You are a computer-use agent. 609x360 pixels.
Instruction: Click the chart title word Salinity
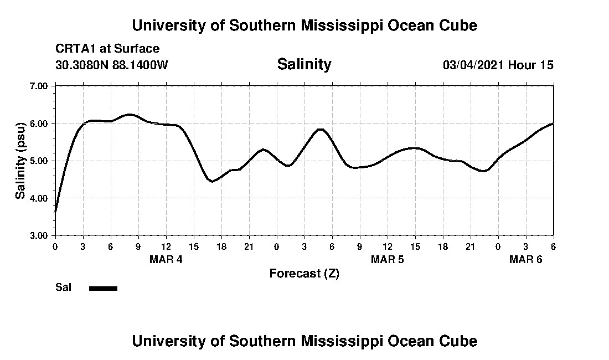click(304, 64)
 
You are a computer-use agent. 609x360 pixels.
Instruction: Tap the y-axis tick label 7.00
click(38, 86)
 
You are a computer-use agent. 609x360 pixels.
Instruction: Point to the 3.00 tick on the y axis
click(38, 235)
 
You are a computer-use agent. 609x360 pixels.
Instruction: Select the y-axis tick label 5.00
click(38, 161)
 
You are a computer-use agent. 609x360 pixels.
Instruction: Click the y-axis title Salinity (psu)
click(20, 161)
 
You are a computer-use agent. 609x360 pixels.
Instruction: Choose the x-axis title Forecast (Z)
click(304, 273)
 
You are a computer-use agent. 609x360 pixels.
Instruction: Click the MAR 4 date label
click(166, 259)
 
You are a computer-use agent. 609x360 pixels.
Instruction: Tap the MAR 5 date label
click(388, 259)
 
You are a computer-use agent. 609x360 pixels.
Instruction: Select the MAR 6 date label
click(525, 259)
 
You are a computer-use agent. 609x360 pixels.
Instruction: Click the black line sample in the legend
click(103, 288)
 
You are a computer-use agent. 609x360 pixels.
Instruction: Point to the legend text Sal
click(63, 287)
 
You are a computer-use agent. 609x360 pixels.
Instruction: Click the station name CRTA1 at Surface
click(107, 49)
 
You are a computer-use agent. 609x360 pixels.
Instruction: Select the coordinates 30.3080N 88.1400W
click(111, 65)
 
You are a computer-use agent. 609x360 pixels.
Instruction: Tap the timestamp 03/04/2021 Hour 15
click(498, 65)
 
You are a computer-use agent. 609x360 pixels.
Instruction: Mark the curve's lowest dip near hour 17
click(212, 181)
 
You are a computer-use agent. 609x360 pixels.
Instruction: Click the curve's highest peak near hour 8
click(130, 115)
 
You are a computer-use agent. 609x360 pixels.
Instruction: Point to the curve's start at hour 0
click(55, 212)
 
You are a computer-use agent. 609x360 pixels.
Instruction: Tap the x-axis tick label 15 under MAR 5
click(415, 246)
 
